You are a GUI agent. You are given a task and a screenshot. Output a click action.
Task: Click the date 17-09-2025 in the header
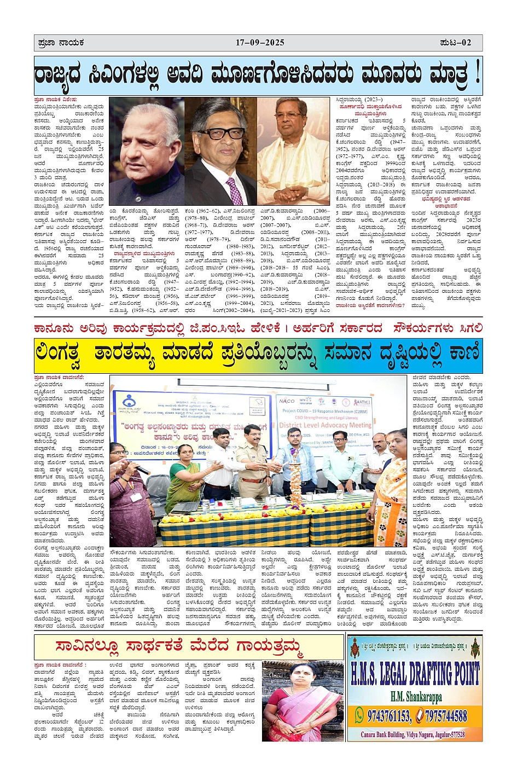[x=260, y=43]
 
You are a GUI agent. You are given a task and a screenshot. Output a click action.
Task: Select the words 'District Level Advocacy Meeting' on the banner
[x=326, y=425]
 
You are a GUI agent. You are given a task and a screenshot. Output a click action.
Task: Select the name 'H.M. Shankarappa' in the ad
[x=416, y=697]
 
